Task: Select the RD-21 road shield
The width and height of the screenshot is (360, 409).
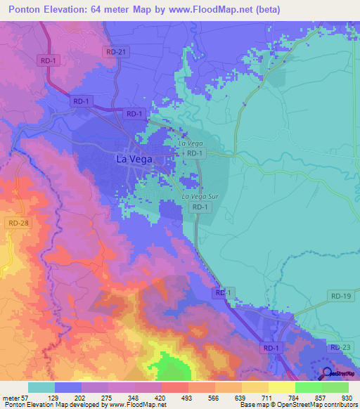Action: point(115,52)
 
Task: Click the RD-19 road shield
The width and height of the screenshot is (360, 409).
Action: point(340,297)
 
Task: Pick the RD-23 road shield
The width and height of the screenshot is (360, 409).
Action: point(340,347)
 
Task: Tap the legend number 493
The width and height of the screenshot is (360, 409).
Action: point(167,398)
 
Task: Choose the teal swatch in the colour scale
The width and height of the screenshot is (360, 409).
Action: point(41,387)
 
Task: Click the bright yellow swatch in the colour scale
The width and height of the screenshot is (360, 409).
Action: point(282,387)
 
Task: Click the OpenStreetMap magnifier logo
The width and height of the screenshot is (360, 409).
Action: point(327,373)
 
